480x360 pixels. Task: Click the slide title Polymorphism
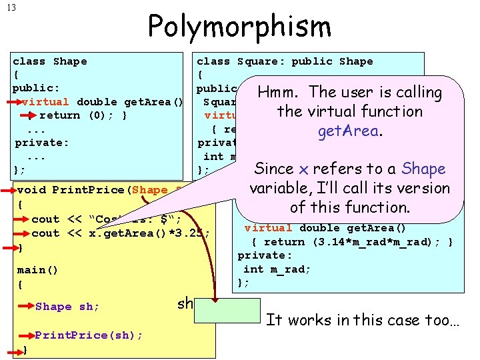(x=239, y=27)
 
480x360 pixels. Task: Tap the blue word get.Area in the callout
(x=348, y=131)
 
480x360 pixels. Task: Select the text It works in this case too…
(x=363, y=320)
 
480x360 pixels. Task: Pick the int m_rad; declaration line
(x=267, y=269)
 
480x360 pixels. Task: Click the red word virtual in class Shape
(x=45, y=102)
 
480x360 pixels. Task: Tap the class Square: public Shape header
(x=285, y=61)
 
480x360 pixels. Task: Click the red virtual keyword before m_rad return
(x=268, y=227)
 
